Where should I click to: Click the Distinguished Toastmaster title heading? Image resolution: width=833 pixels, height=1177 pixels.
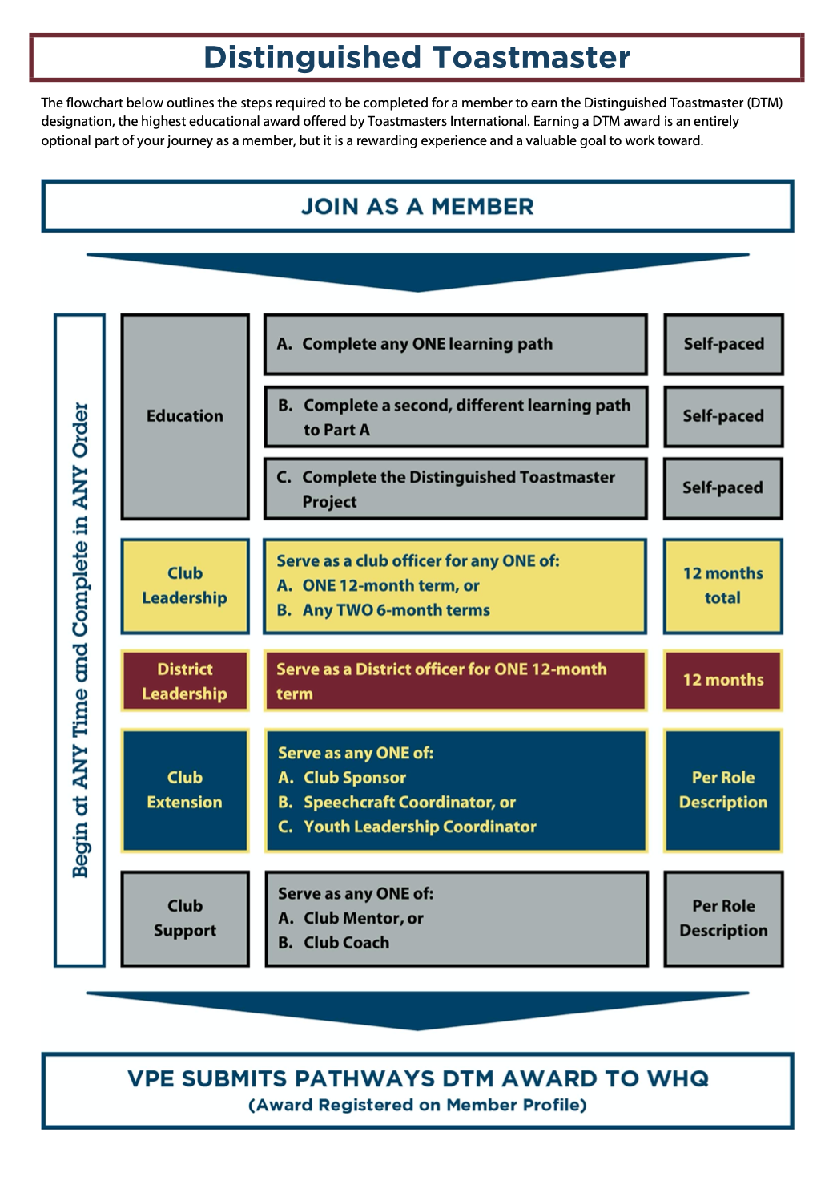point(416,58)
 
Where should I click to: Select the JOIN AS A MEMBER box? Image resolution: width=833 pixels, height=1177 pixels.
point(416,206)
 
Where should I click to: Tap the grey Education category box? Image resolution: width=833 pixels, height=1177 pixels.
point(185,416)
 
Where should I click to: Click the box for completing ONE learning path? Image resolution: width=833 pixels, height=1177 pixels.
point(455,344)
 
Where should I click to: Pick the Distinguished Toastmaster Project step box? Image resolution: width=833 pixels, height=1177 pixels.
point(455,489)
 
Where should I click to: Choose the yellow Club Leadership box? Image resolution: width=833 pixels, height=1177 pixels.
point(185,586)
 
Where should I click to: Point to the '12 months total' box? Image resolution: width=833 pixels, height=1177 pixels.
point(723,586)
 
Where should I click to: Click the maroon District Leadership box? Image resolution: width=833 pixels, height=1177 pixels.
point(185,681)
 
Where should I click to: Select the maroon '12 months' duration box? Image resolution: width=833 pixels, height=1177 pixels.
point(723,680)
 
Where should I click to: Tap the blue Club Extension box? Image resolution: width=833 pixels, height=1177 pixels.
point(185,790)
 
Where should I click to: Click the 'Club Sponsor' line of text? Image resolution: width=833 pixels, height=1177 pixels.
point(354,778)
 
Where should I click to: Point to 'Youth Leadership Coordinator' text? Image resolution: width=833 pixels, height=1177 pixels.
point(419,827)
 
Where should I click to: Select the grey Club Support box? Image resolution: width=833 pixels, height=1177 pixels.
point(185,918)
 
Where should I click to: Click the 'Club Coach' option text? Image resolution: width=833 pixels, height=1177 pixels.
point(346,943)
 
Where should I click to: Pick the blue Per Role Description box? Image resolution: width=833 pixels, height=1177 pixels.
point(723,790)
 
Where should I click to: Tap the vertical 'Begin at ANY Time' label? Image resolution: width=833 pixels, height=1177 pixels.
point(80,640)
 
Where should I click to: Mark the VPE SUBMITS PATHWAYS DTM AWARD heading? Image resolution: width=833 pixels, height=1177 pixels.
point(417,1078)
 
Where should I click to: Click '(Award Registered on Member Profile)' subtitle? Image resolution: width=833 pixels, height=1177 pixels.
point(417,1106)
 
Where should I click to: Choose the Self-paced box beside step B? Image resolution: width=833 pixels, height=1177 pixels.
point(723,416)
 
